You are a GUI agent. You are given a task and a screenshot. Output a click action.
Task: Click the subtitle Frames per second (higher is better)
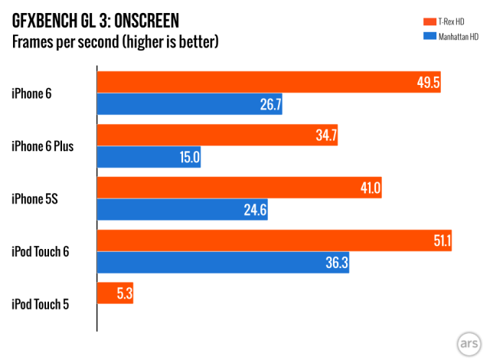point(115,41)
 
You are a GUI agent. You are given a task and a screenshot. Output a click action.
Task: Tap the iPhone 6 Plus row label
point(43,146)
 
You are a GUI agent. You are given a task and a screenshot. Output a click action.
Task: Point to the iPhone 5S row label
point(34,198)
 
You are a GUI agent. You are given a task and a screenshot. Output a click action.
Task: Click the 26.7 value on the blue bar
point(270,104)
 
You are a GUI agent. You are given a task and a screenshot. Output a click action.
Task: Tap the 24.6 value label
point(254,209)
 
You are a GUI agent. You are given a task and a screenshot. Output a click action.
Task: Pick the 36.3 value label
point(336,262)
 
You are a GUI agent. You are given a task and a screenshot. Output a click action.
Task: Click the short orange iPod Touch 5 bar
point(115,293)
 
